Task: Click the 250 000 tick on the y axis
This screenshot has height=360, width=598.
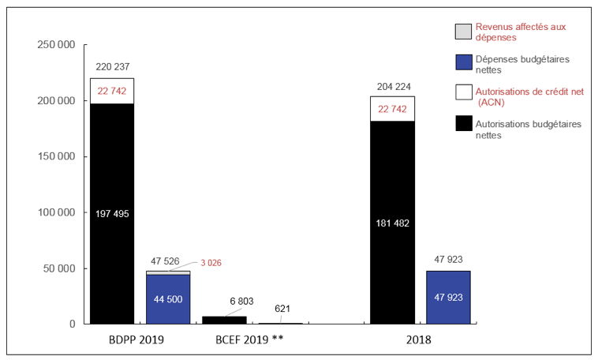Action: pos(56,45)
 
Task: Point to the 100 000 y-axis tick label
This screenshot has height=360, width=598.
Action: pos(56,212)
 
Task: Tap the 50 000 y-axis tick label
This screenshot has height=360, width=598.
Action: pos(59,268)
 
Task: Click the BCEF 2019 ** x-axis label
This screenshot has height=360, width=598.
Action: pos(250,340)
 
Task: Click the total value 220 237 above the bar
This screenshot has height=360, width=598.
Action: pos(112,67)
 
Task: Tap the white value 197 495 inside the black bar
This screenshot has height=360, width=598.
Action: pos(112,213)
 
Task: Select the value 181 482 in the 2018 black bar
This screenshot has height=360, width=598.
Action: pos(392,223)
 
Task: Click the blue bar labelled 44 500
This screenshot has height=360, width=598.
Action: pos(168,298)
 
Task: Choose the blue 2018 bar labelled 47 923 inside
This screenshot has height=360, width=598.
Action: pos(448,298)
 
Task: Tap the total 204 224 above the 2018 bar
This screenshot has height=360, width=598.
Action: pos(392,86)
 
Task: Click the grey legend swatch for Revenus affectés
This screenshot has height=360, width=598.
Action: pos(463,32)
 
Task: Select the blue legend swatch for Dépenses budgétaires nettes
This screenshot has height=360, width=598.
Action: pos(463,64)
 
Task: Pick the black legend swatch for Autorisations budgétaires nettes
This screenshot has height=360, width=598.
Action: pos(463,124)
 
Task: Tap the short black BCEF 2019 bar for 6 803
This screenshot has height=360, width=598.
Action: pos(224,320)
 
